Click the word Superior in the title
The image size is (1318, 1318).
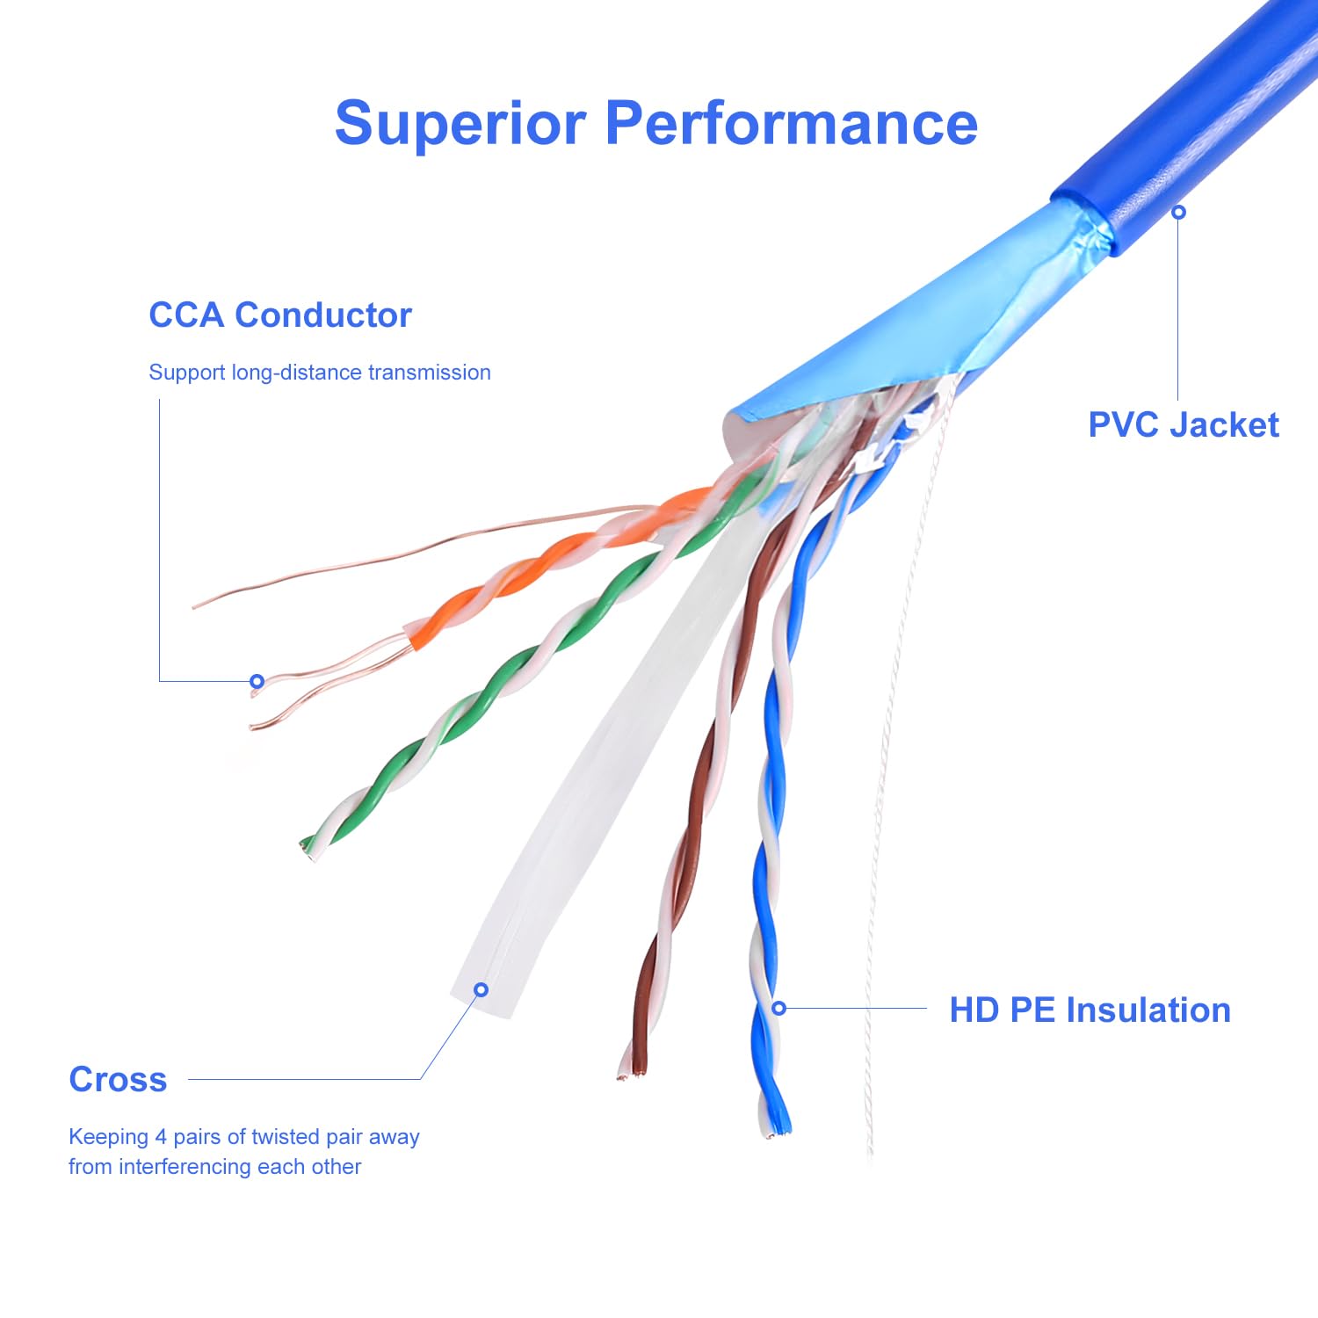[x=460, y=123]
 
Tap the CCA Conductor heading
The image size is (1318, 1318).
[x=279, y=315]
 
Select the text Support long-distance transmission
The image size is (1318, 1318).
[x=319, y=373]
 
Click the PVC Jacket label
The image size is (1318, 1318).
[x=1183, y=424]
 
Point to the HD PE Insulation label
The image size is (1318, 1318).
[x=1090, y=1010]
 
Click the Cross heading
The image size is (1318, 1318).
[x=118, y=1079]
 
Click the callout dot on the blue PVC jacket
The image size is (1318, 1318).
[x=1178, y=212]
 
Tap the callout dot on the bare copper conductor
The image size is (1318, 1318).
[x=257, y=681]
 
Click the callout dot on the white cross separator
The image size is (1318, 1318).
[x=481, y=989]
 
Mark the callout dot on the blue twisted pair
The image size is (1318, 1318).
[x=778, y=1008]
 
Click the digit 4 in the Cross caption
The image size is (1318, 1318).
[x=161, y=1137]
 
